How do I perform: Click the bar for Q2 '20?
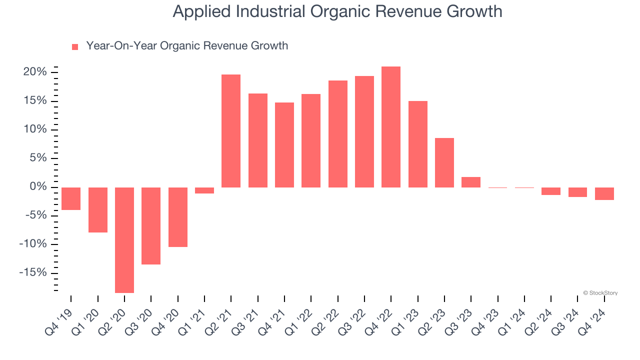click(124, 240)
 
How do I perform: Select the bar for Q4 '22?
click(391, 127)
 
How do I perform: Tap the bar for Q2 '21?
click(231, 131)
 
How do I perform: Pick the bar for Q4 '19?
click(71, 198)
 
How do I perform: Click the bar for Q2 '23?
click(444, 162)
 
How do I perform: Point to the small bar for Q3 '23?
click(471, 182)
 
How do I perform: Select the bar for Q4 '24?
click(604, 193)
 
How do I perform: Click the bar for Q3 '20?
click(151, 226)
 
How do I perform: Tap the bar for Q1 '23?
click(418, 144)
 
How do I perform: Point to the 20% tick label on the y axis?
click(35, 72)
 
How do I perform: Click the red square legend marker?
click(75, 47)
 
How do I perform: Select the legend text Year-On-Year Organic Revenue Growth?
click(187, 46)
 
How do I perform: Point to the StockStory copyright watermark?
click(600, 293)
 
